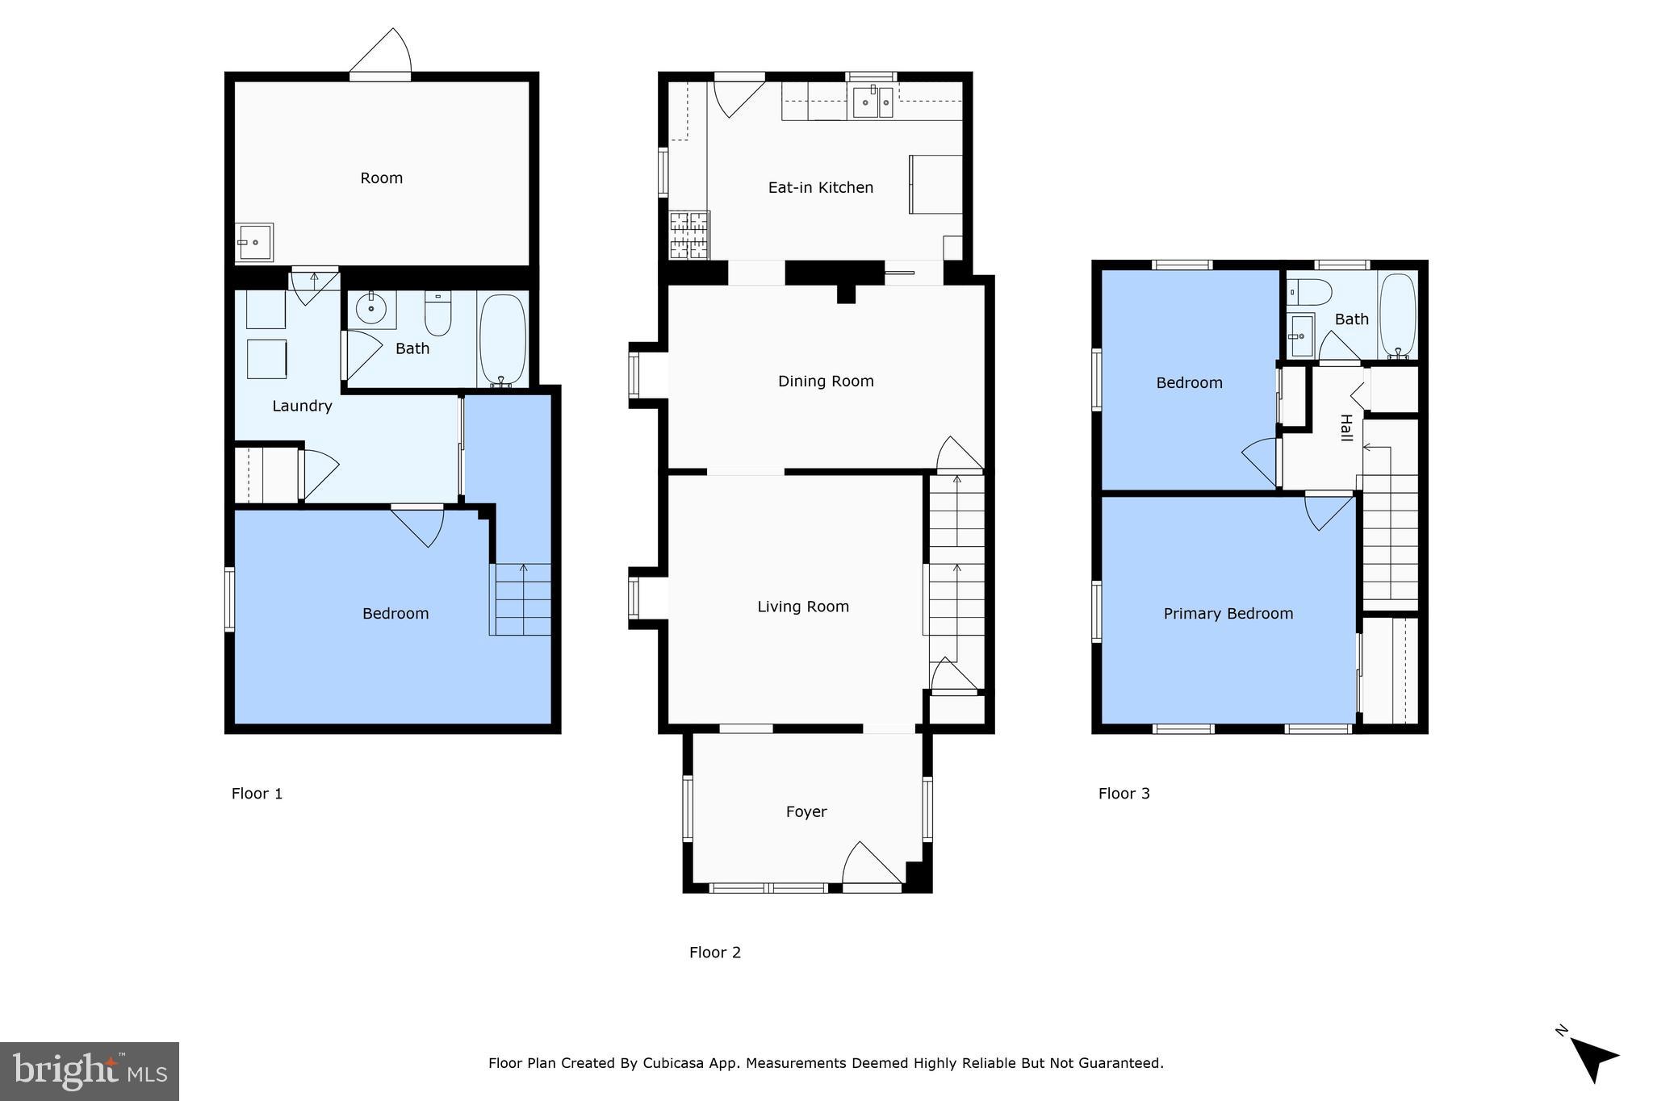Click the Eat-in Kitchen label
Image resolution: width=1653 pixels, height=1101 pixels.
point(820,188)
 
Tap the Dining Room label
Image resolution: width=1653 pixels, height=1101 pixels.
point(825,382)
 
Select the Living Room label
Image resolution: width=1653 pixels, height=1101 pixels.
point(802,607)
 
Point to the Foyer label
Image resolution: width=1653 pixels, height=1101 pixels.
point(806,812)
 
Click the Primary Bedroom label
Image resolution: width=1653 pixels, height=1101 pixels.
point(1228,614)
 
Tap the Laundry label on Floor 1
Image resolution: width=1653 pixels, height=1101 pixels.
point(302,407)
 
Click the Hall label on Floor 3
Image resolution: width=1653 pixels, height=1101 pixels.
point(1345,427)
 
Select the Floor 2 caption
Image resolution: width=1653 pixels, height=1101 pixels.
point(714,953)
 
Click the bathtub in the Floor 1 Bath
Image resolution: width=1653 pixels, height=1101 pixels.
point(503,339)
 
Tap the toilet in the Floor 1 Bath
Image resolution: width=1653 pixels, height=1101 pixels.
point(437,315)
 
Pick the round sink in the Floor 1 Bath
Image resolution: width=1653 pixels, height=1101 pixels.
point(372,309)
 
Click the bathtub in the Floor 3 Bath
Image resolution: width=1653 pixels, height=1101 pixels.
point(1397,316)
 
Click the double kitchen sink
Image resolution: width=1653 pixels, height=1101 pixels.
point(873,102)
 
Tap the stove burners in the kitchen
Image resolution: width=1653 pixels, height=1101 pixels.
point(689,235)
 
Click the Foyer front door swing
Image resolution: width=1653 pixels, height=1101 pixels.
point(870,865)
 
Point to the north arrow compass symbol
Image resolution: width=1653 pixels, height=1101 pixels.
point(1590,1057)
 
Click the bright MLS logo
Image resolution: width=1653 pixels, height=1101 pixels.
point(90,1071)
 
